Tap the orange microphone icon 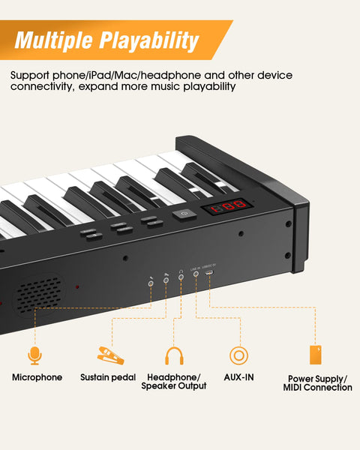[x=34, y=355]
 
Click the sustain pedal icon [x=108, y=355]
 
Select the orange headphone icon [x=175, y=355]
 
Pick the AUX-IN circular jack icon [x=238, y=355]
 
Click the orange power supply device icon [x=317, y=355]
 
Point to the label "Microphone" [x=37, y=377]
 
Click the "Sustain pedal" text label [x=109, y=377]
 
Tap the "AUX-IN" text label [x=238, y=377]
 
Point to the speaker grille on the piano [x=39, y=292]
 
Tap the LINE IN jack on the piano [x=196, y=275]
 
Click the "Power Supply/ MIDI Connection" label [x=317, y=383]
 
